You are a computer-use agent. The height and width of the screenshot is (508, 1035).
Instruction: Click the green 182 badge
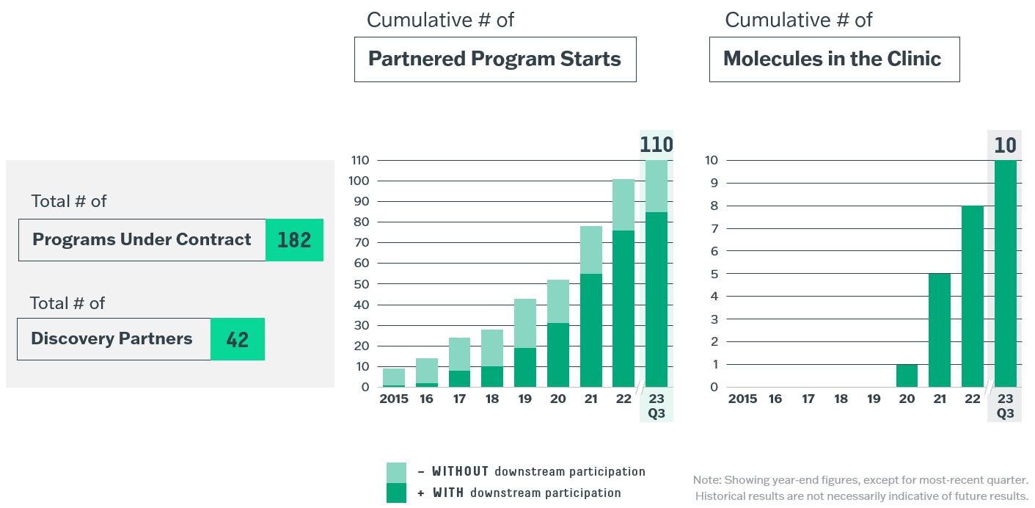(294, 240)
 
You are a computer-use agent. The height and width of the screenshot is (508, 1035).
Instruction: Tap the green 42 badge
(237, 339)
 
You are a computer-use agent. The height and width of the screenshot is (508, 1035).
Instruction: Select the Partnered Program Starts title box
(495, 59)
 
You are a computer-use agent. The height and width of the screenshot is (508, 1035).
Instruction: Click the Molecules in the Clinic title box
(834, 59)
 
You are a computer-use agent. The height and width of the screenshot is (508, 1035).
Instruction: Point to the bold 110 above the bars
(656, 145)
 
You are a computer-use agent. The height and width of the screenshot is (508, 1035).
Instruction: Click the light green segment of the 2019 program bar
(524, 323)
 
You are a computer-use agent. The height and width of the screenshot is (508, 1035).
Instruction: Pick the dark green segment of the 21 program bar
(590, 330)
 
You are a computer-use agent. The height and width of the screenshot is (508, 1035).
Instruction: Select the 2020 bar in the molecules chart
(907, 376)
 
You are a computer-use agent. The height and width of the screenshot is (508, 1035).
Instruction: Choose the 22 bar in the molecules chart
(972, 297)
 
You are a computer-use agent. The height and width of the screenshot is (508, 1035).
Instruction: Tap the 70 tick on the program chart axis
(360, 243)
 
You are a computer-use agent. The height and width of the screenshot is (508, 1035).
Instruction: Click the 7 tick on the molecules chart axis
(711, 228)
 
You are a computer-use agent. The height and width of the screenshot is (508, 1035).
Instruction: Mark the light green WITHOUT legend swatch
(396, 472)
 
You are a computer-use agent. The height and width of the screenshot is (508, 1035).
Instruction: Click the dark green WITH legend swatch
(396, 493)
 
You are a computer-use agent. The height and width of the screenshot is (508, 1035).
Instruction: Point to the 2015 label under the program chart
(394, 399)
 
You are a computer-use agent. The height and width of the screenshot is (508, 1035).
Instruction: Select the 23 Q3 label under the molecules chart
(1005, 405)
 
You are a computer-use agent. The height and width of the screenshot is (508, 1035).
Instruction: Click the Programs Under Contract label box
(142, 240)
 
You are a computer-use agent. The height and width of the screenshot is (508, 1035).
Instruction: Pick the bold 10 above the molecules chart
(1005, 145)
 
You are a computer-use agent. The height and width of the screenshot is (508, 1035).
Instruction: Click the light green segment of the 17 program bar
(459, 354)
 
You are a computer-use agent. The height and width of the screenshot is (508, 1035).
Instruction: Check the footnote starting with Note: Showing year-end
(860, 488)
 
